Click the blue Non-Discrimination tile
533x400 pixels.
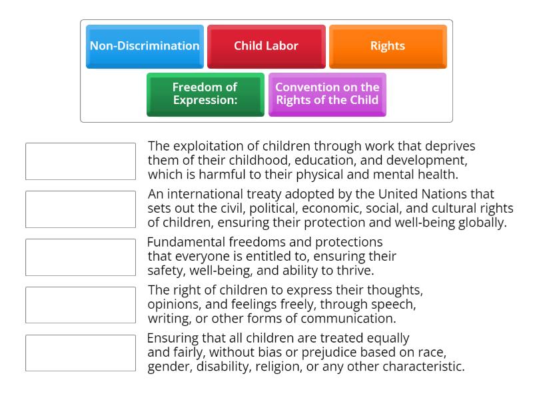tap(145, 46)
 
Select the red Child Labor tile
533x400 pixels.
tap(266, 46)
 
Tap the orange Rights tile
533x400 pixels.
tap(388, 46)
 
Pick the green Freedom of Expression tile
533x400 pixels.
tap(205, 94)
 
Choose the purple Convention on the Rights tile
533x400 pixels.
tap(327, 94)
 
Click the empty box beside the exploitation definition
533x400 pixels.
tap(80, 161)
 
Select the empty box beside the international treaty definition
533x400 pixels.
tap(80, 209)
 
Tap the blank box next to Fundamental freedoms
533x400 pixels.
tap(80, 257)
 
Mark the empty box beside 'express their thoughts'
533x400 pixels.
tap(80, 305)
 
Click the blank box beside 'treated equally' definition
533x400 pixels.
tap(80, 353)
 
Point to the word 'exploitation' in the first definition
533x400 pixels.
tap(207, 146)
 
